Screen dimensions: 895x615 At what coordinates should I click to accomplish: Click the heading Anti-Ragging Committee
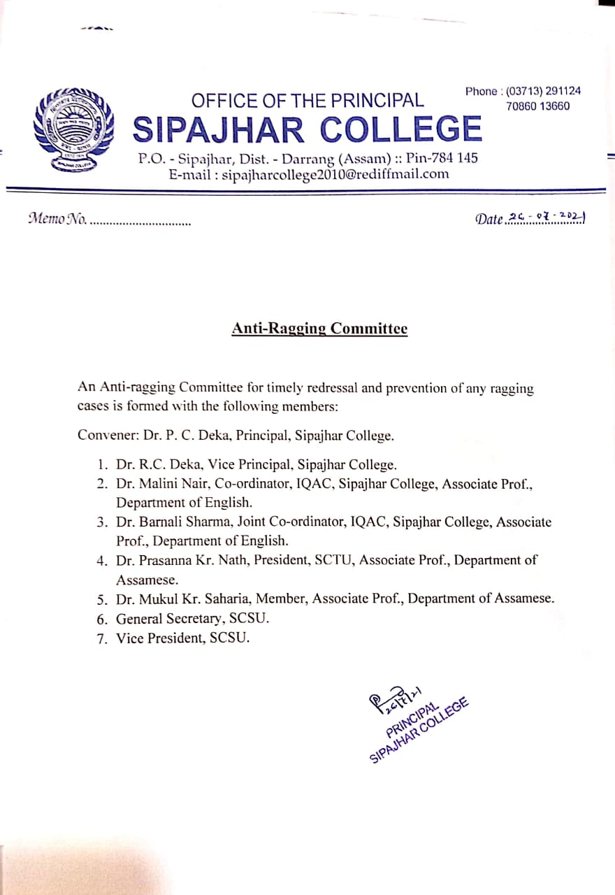319,329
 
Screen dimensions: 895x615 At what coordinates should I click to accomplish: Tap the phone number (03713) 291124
543,91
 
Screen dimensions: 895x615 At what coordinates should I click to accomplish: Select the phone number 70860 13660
538,106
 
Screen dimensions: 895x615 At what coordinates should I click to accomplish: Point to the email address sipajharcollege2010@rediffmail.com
335,174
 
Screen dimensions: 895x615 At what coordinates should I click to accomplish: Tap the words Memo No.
57,218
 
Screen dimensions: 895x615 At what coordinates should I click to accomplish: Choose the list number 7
102,638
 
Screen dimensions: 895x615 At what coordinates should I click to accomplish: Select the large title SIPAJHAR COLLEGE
307,129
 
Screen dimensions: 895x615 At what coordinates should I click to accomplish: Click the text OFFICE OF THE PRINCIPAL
307,100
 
